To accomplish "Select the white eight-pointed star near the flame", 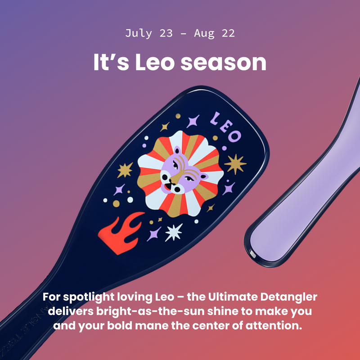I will pos(174,232).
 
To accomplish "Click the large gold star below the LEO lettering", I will pos(235,163).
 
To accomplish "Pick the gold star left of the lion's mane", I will pos(126,170).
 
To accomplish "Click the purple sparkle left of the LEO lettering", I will pos(193,121).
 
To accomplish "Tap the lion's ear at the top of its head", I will pos(177,151).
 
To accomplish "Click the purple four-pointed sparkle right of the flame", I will pos(154,233).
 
